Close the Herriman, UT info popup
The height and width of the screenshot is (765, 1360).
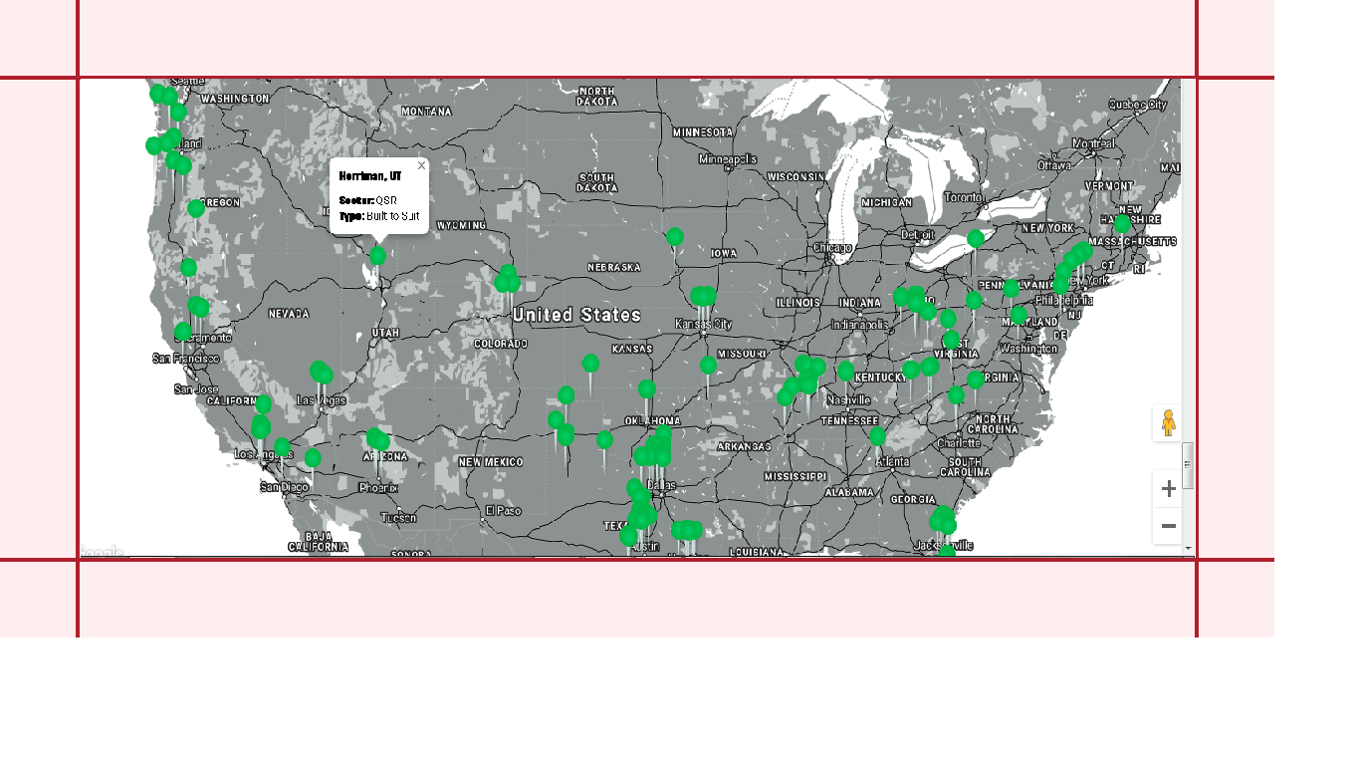421,165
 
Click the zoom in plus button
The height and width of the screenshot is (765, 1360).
1169,489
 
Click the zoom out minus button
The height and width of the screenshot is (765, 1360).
1169,526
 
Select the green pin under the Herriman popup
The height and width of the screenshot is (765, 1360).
377,256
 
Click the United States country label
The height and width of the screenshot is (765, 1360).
576,315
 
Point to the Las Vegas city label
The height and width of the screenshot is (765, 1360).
321,399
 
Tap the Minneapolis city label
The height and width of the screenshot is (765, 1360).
728,158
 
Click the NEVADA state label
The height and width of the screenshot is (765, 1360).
289,314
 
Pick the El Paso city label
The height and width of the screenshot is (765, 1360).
503,511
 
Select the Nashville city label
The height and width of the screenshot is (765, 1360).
848,399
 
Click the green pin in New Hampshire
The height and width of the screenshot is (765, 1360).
1122,224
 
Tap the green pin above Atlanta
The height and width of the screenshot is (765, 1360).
877,436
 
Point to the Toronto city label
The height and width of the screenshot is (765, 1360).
963,197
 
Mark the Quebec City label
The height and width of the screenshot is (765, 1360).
1137,105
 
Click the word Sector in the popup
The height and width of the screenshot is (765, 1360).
355,200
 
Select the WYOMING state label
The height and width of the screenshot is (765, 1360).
461,225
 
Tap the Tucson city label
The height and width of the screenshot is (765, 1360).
398,518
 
